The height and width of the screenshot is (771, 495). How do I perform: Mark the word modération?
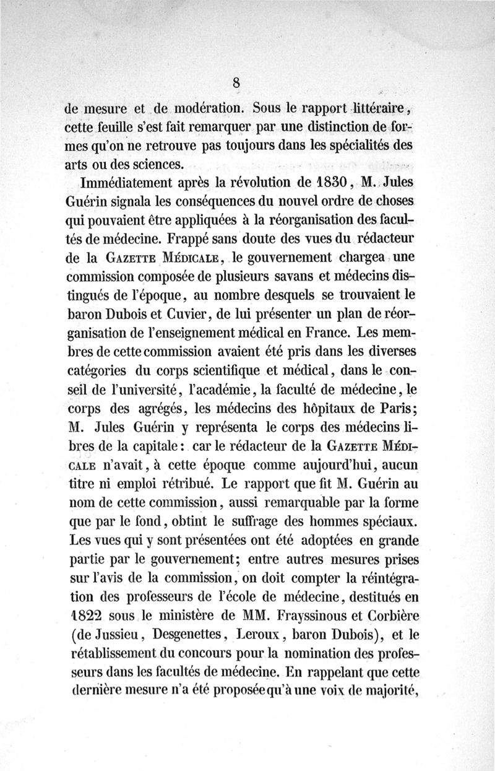(x=204, y=107)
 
